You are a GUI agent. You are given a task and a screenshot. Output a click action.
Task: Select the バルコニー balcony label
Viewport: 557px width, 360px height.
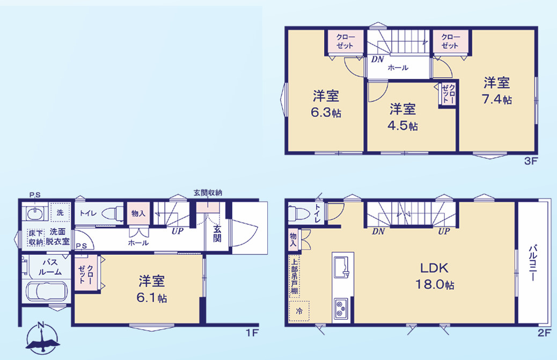click(x=533, y=263)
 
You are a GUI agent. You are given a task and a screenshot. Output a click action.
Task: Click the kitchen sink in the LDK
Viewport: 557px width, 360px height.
click(x=341, y=267)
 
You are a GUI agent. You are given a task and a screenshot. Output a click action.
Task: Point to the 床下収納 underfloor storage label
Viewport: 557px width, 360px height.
click(x=35, y=237)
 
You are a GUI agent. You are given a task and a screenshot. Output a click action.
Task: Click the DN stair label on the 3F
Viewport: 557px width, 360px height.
click(x=377, y=60)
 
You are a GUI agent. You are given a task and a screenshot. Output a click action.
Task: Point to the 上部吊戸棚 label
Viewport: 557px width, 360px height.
click(x=294, y=277)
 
